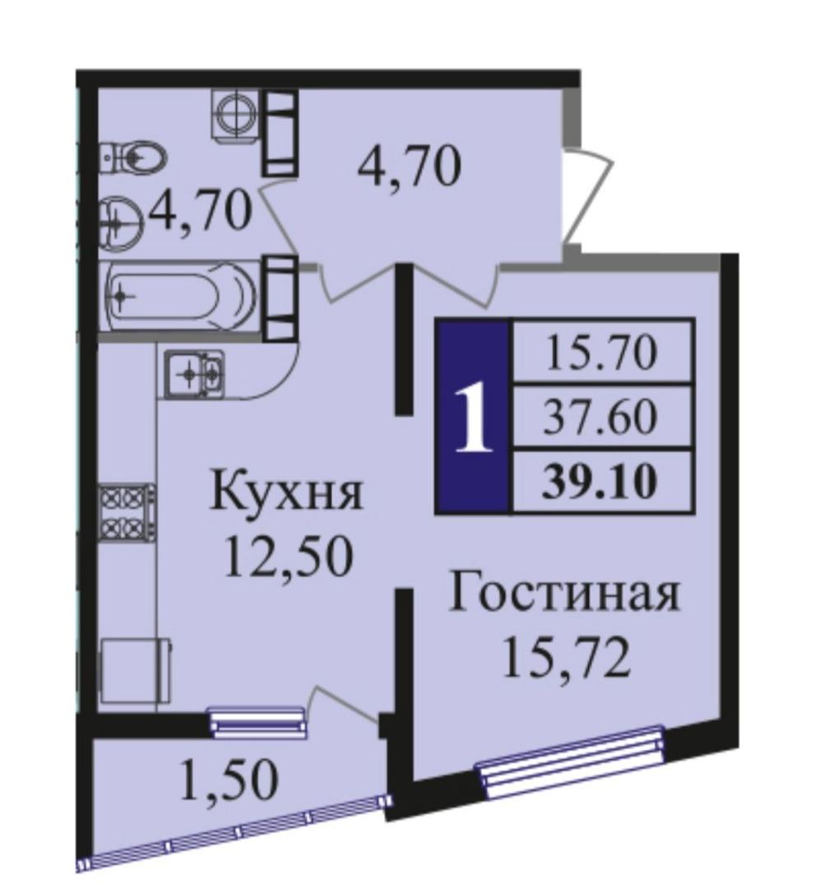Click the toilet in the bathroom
click(x=132, y=155)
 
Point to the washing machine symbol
click(x=234, y=113)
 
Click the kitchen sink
click(x=194, y=371)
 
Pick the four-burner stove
click(x=127, y=513)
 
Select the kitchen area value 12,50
click(x=289, y=556)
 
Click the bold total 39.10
click(x=600, y=482)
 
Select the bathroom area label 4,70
click(x=199, y=210)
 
